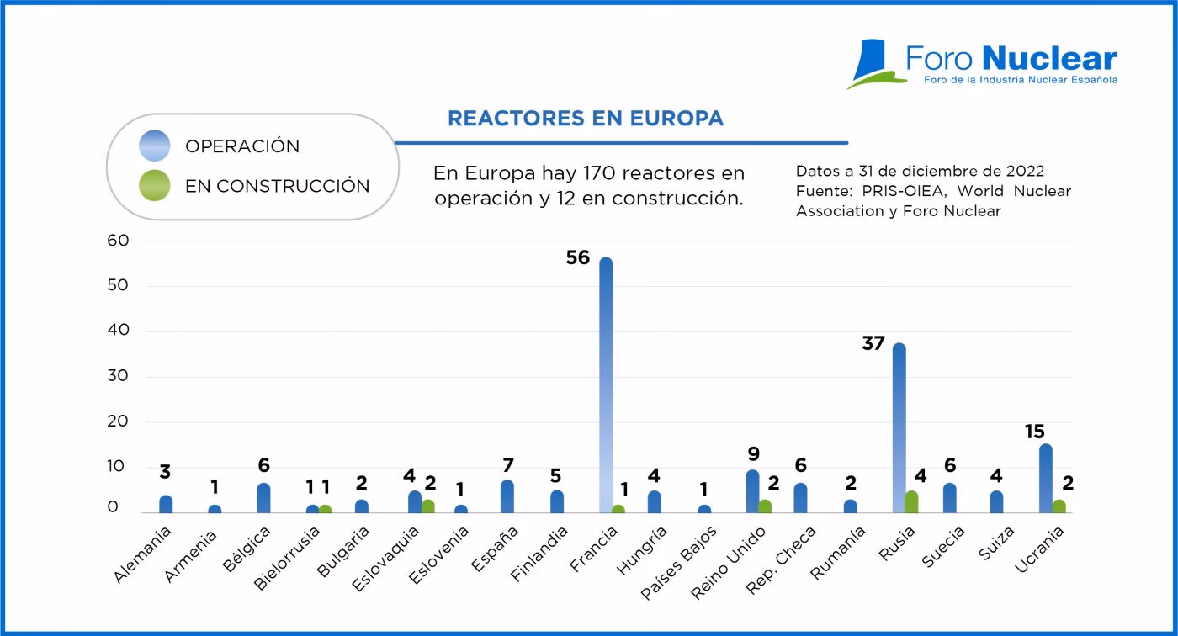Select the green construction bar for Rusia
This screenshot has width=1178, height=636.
point(911,502)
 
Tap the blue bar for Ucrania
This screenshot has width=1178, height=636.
point(1046,479)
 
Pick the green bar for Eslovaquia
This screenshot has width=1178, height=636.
point(428,506)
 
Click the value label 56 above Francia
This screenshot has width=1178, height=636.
point(578,258)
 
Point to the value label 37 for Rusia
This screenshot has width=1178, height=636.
point(873,343)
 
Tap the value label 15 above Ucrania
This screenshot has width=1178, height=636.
point(1034,432)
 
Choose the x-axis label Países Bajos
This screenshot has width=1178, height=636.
point(680,562)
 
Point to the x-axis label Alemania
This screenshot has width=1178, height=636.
point(143,555)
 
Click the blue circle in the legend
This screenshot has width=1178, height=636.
point(155,146)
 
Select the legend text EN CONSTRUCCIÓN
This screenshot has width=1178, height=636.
point(277,187)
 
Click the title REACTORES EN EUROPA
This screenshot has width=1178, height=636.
point(585,119)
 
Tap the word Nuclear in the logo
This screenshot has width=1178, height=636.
point(1049,59)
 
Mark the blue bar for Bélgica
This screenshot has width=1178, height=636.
point(263,498)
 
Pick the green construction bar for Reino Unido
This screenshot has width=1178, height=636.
point(765,506)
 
